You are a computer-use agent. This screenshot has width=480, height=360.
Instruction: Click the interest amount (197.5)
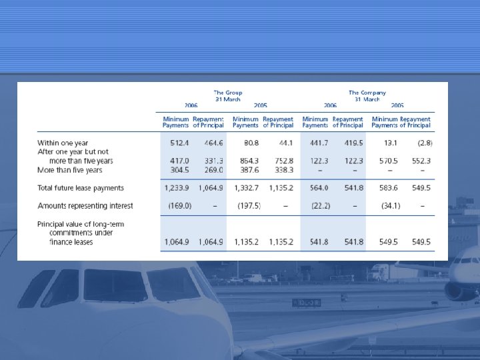pyautogui.click(x=249, y=205)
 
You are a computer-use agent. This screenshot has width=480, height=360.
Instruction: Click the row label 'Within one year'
pyautogui.click(x=63, y=143)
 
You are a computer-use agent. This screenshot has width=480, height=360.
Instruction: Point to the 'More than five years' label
pyautogui.click(x=69, y=169)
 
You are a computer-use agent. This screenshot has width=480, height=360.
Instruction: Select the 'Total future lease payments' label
pyautogui.click(x=80, y=188)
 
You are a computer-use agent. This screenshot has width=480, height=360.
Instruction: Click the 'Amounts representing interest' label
pyautogui.click(x=85, y=205)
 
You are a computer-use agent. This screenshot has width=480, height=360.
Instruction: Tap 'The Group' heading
pyautogui.click(x=227, y=93)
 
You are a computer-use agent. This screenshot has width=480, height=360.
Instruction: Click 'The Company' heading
pyautogui.click(x=367, y=93)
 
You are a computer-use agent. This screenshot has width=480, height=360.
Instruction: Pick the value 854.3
pyautogui.click(x=246, y=161)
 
